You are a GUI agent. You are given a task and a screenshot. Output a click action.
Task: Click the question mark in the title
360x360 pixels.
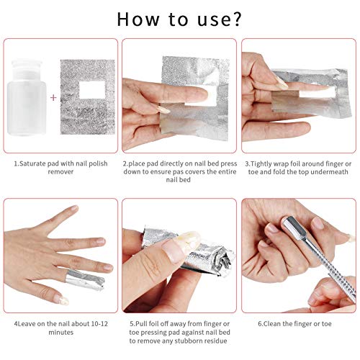point(236,19)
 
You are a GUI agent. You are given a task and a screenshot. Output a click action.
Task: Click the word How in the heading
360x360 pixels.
point(138,19)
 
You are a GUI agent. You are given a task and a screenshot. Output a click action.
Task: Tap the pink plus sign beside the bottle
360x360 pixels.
point(53,97)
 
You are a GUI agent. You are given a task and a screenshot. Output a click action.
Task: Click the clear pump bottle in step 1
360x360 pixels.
point(27,97)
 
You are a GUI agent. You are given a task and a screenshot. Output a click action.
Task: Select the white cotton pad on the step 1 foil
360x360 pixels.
point(92,90)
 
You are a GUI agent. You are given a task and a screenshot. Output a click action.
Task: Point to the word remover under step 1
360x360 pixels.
point(60,172)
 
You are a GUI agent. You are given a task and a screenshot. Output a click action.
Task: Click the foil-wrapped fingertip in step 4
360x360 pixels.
point(85,279)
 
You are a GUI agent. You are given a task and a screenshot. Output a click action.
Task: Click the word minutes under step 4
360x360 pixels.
point(61,333)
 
